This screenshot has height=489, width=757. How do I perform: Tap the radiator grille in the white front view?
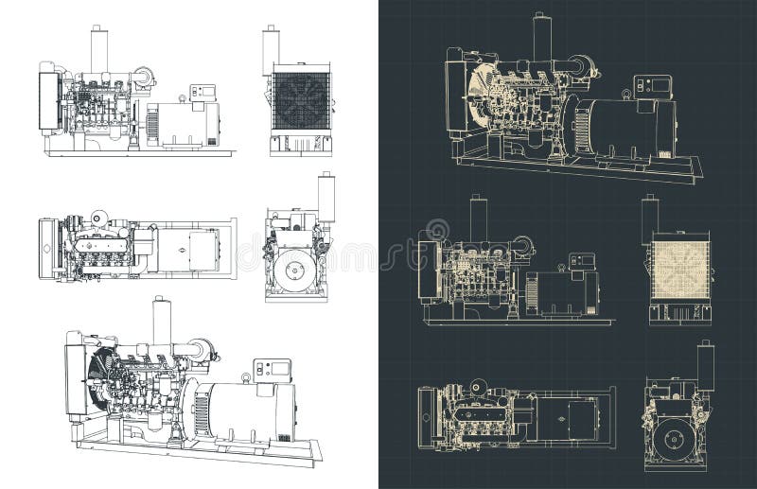point(301,99)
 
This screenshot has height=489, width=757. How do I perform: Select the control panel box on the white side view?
point(202,92)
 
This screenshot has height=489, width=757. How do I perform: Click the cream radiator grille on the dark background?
point(678,268)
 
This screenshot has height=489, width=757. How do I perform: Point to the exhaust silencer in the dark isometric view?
point(542,38)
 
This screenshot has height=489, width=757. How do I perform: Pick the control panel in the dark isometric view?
point(652,86)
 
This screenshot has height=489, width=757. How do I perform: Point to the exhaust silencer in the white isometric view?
point(162,322)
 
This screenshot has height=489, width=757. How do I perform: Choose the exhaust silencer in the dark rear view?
point(705,365)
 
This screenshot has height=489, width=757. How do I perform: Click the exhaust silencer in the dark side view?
point(478,218)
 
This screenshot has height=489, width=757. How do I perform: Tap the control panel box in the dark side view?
point(580,261)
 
